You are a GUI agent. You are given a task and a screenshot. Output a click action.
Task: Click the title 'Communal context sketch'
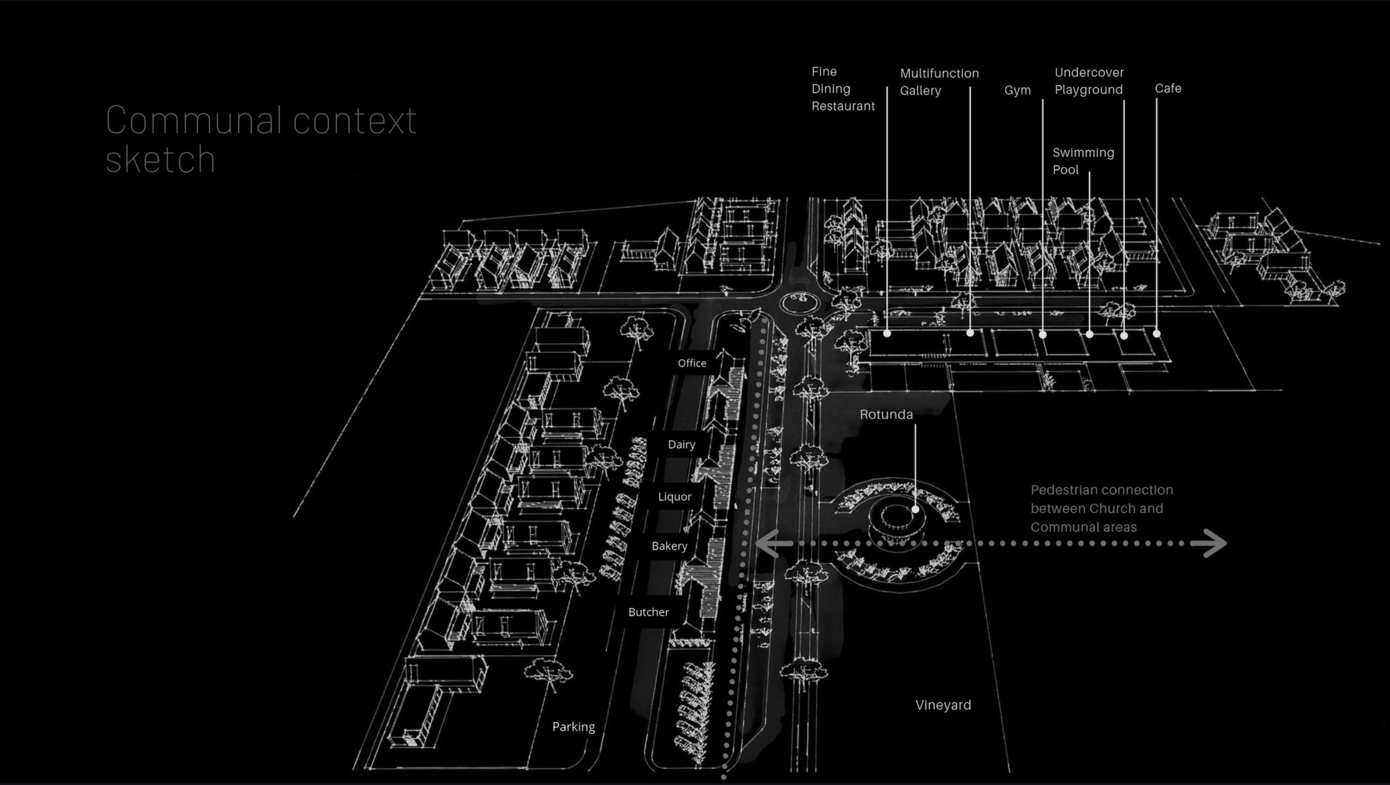coord(260,140)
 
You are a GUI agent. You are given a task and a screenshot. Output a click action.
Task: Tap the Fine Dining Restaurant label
coord(842,89)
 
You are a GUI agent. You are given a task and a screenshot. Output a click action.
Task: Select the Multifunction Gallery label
coord(939,82)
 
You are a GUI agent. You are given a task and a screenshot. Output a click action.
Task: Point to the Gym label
coord(1017,90)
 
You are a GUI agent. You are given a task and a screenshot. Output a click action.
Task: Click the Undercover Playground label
coord(1089,81)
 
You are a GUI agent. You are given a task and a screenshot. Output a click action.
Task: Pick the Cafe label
coord(1168,88)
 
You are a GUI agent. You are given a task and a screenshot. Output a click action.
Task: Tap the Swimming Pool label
coord(1083,161)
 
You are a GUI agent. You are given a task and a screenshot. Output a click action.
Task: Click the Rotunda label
coord(886,415)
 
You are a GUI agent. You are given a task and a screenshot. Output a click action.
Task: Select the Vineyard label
coord(943,705)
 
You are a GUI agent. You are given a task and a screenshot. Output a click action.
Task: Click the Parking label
coord(573,727)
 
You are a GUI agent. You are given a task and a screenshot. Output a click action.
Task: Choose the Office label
coord(692,363)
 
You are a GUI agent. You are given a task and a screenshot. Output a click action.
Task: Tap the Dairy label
coord(681,444)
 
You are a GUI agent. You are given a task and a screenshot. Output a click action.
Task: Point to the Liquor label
coord(674,496)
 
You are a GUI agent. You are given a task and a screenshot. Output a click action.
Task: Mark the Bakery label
coord(669,546)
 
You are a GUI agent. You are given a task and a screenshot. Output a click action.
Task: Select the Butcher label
coord(648,612)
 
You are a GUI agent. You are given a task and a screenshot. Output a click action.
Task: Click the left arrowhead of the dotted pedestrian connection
coord(770,543)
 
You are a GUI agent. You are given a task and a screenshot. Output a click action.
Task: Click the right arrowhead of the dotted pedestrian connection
coord(1212,543)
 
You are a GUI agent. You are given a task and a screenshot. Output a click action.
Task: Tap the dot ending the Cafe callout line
coord(1156,334)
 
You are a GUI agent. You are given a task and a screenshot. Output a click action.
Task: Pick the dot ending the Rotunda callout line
coord(915,509)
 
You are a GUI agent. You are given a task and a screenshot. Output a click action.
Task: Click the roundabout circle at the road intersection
coord(800,303)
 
